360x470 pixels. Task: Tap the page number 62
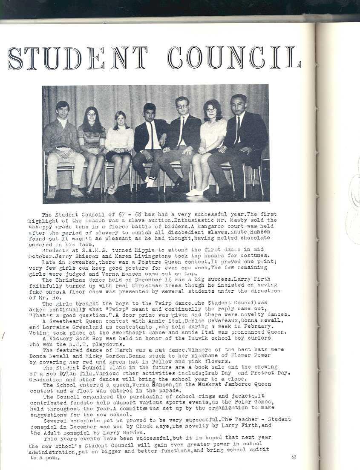[x=294, y=457]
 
